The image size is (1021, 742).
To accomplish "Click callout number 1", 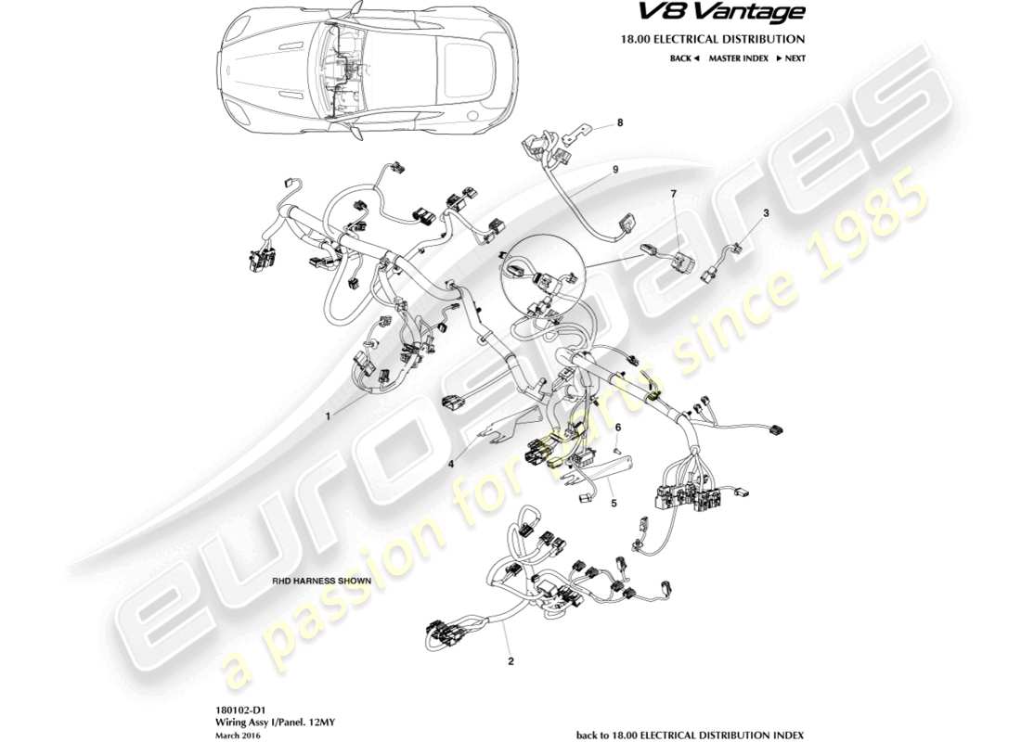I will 328,417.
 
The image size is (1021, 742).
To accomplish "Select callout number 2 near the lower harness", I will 510,661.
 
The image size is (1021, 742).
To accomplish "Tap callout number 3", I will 766,213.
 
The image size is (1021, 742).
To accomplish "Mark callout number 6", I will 617,426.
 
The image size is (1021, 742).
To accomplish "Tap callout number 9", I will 614,170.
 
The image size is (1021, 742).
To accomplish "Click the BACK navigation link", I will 684,58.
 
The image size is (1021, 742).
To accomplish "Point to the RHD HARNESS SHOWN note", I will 321,581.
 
